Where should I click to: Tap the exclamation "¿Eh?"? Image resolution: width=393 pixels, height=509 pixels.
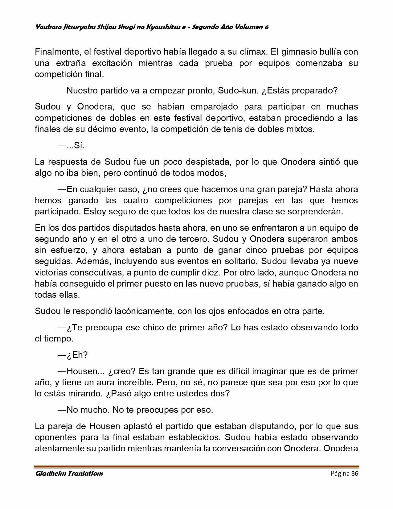(77, 355)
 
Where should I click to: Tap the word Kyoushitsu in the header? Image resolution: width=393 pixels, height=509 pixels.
(166, 27)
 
